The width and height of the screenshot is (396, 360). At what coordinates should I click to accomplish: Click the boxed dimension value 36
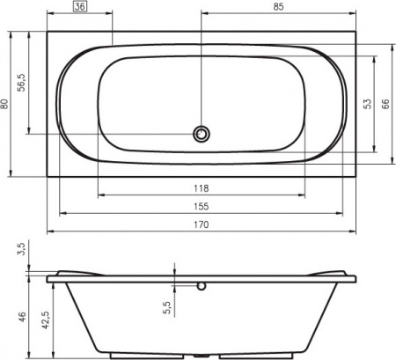pyautogui.click(x=80, y=8)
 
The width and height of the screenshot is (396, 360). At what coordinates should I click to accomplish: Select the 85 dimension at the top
pyautogui.click(x=278, y=8)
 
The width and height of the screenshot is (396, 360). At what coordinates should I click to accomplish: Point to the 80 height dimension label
pyautogui.click(x=7, y=104)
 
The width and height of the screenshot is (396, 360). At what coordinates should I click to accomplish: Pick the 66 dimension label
pyautogui.click(x=385, y=104)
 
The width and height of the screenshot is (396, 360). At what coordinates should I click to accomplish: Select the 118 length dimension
pyautogui.click(x=201, y=188)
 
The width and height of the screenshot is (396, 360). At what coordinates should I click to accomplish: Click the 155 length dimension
pyautogui.click(x=201, y=207)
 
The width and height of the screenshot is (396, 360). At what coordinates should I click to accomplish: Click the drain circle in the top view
pyautogui.click(x=202, y=134)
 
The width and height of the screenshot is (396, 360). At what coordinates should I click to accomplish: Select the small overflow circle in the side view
pyautogui.click(x=202, y=285)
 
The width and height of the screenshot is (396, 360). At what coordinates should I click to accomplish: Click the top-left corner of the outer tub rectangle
pyautogui.click(x=47, y=33)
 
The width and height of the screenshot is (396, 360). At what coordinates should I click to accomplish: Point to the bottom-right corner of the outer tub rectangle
pyautogui.click(x=355, y=174)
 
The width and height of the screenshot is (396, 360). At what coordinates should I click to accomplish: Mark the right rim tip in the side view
pyautogui.click(x=356, y=279)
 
